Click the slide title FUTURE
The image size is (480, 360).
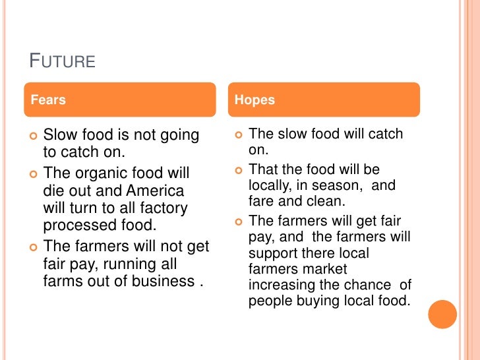coord(63,62)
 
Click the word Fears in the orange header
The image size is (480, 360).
coord(48,100)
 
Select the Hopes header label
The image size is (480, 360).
coord(255,100)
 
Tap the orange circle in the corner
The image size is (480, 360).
coord(442,315)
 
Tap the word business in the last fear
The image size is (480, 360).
coord(169,282)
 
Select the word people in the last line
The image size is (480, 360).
coord(269,301)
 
